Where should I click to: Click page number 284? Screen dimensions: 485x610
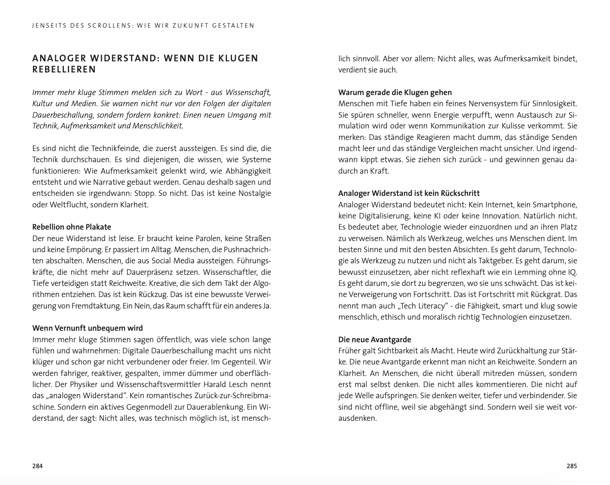click(38, 466)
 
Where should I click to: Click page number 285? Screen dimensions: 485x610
click(572, 466)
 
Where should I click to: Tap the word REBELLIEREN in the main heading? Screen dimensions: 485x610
click(64, 70)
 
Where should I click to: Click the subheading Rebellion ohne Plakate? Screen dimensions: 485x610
click(72, 227)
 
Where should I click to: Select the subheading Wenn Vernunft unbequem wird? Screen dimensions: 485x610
click(87, 328)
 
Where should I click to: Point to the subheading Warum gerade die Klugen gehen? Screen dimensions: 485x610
click(395, 93)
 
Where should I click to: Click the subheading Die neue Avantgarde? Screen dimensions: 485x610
click(375, 340)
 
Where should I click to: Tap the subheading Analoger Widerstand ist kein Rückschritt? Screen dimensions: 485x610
click(409, 193)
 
